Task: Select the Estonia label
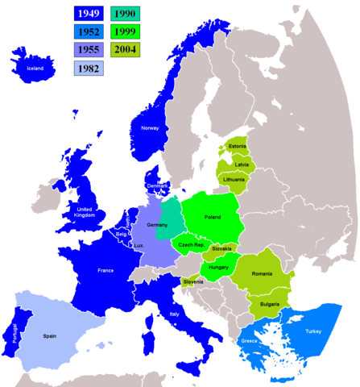pos(237,146)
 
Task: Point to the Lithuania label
pos(234,179)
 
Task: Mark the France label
pos(106,272)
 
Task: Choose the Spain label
pos(51,335)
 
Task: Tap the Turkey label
pos(315,331)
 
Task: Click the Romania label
pos(262,275)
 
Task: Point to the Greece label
pos(250,342)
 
